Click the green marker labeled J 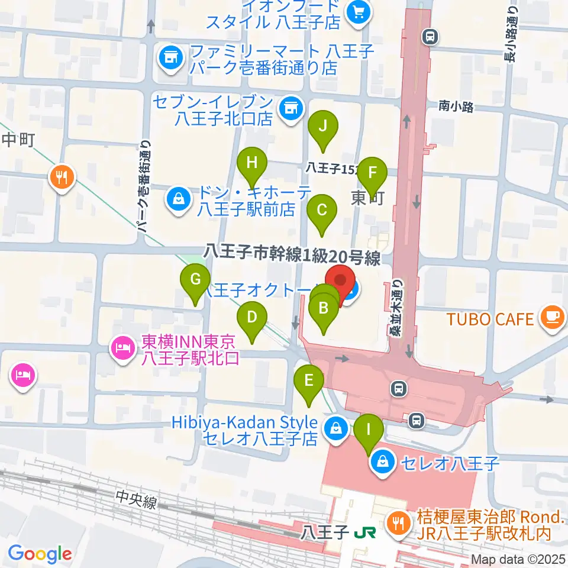322,127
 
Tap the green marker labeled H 252,163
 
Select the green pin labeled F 372,173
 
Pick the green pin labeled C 322,210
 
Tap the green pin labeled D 252,317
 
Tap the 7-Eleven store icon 289,108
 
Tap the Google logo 40,554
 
